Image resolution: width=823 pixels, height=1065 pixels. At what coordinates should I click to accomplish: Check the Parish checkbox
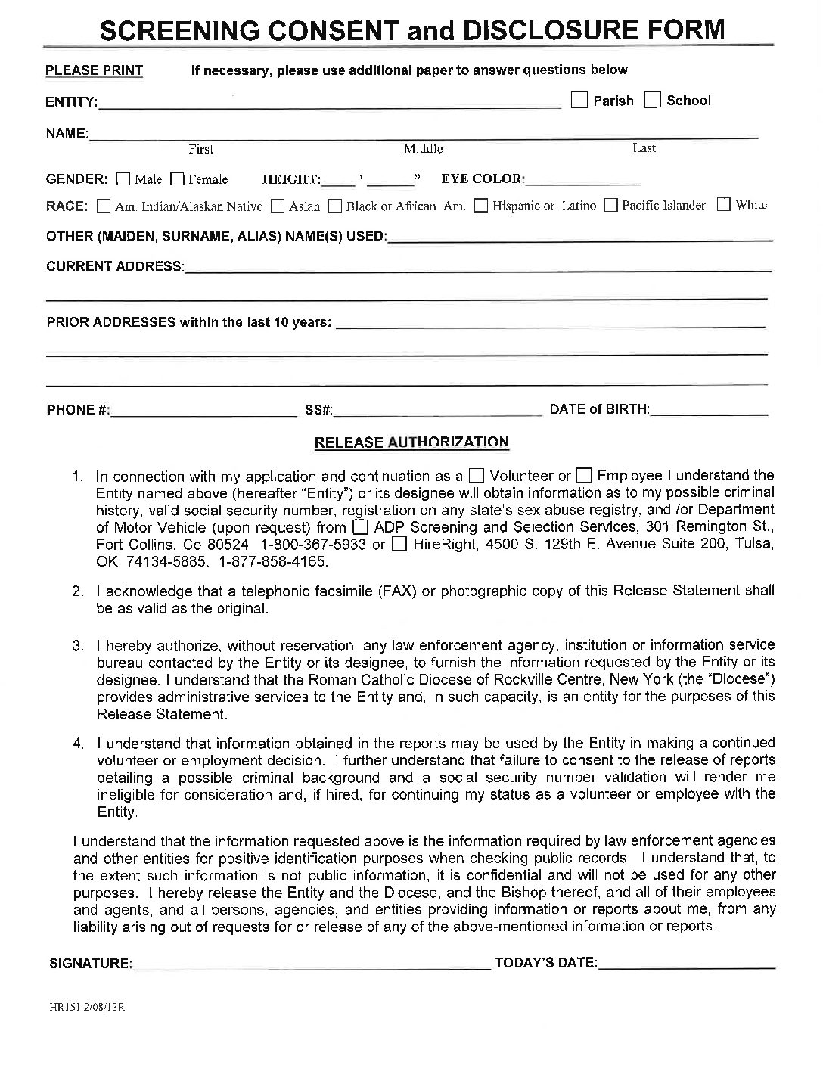579,100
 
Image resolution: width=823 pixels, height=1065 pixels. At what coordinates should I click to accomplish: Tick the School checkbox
653,100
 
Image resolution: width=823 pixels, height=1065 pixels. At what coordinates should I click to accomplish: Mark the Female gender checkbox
177,179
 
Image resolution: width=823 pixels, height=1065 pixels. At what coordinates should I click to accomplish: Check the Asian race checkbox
278,205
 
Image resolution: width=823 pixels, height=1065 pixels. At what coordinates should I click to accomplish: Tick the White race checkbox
724,204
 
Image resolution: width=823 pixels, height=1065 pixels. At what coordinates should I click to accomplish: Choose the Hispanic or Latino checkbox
480,205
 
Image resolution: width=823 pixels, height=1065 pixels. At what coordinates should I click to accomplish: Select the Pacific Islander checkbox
610,205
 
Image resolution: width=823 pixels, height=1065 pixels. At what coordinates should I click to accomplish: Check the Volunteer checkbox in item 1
477,476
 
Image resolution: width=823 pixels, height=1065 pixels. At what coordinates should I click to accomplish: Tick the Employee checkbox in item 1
583,476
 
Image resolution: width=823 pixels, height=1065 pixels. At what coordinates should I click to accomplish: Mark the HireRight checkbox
399,544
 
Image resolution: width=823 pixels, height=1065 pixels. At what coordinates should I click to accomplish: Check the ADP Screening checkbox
361,526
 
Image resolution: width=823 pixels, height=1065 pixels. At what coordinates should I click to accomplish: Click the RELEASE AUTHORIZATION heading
411,442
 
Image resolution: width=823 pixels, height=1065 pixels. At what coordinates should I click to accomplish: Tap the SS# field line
439,413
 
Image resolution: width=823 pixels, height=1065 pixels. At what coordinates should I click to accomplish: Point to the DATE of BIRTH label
599,409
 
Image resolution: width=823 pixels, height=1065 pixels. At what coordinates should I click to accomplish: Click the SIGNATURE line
311,966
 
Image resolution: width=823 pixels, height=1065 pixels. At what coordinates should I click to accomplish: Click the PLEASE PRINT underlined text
95,70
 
